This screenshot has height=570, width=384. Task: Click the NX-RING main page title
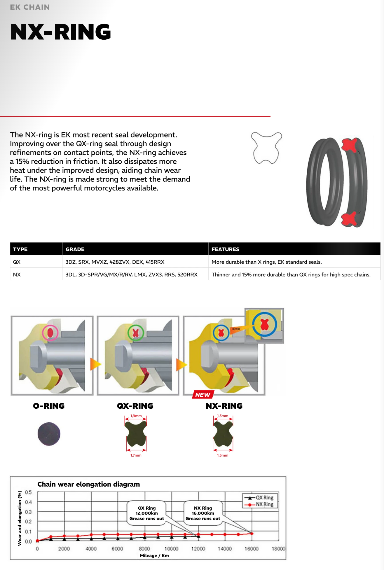point(60,32)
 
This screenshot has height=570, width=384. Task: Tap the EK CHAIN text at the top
point(30,7)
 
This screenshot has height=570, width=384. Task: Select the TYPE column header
point(20,249)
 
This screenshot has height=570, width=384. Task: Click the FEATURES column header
point(225,249)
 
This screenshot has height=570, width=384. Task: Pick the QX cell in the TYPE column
point(17,262)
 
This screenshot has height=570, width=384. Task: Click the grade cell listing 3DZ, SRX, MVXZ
point(115,262)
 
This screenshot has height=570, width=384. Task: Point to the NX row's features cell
point(291,274)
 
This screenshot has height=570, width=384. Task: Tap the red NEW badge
point(203,395)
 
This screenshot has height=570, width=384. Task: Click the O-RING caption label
point(49,406)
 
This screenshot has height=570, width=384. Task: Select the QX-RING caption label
point(135,406)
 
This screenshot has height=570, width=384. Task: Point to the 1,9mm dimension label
point(136,416)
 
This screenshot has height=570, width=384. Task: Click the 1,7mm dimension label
point(136,455)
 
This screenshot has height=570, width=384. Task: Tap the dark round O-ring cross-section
point(49,434)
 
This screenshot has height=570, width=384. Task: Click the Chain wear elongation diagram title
point(89,484)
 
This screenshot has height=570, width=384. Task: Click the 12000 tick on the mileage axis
point(198,549)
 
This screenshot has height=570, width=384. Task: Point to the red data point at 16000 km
point(252,534)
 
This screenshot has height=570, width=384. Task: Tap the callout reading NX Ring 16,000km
point(203,513)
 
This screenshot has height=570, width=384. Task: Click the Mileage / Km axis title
point(154,556)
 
